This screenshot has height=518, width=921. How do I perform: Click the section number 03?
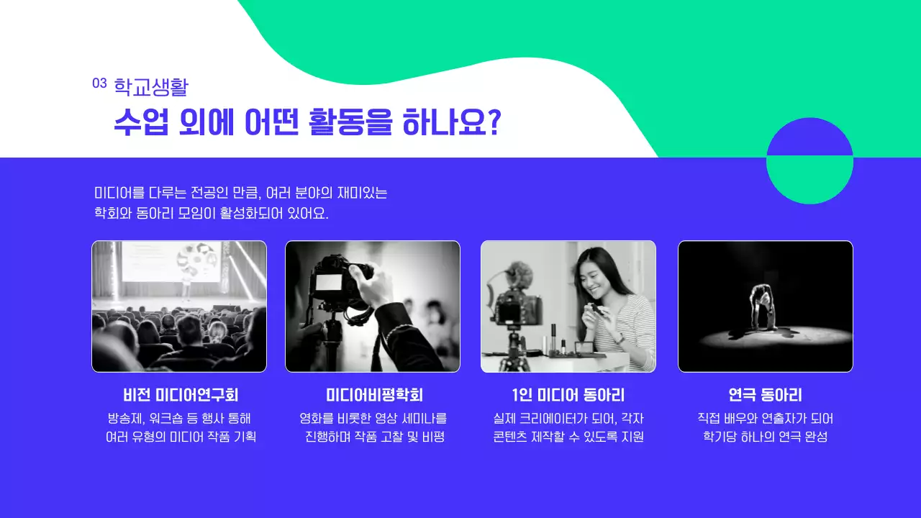99,83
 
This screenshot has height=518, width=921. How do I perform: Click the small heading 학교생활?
151,88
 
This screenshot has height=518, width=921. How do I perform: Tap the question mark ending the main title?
494,123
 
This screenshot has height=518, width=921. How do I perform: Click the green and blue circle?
809,161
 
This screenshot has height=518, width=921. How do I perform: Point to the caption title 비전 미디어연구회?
180,395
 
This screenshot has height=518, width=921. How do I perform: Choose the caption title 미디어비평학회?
374,395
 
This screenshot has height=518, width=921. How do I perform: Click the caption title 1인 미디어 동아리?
568,395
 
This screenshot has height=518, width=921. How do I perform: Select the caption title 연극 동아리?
765,395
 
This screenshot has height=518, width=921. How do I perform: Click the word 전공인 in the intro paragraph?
208,194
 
